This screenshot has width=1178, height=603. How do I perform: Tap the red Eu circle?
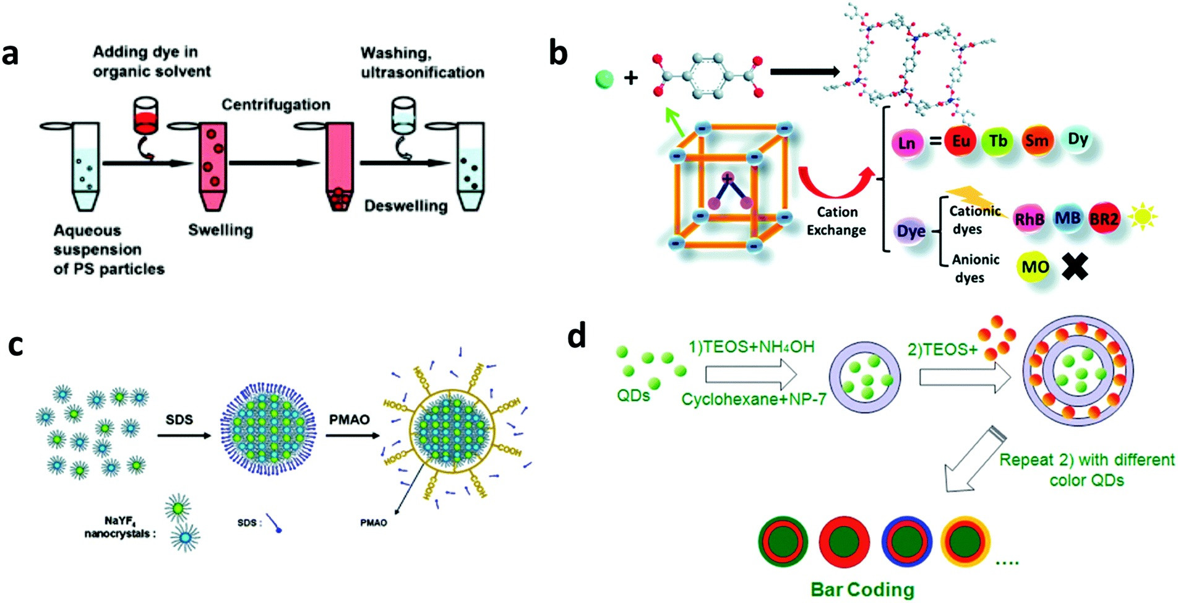pos(960,142)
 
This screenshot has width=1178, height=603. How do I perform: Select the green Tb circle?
pos(997,142)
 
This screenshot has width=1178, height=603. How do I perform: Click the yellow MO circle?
pos(1034,267)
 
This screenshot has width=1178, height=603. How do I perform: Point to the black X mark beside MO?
pos(1075,266)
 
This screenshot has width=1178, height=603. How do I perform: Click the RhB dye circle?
pos(1030,219)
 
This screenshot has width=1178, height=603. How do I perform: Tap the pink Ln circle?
pos(906,144)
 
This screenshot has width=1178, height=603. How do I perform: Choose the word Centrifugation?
pos(276,105)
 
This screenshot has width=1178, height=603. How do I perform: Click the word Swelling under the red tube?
pos(220,230)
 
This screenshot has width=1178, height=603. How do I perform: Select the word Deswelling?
pos(405,206)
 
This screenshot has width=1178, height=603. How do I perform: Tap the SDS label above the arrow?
pos(179,420)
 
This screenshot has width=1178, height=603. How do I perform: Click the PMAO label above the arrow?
pos(349,420)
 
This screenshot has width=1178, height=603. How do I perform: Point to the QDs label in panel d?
pos(633,395)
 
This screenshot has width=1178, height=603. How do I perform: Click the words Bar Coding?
pos(862,589)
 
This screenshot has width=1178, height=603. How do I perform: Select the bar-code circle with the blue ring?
pos(906,542)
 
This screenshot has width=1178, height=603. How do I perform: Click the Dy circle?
pos(1078,139)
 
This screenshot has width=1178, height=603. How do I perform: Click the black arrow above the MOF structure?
pos(804,72)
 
